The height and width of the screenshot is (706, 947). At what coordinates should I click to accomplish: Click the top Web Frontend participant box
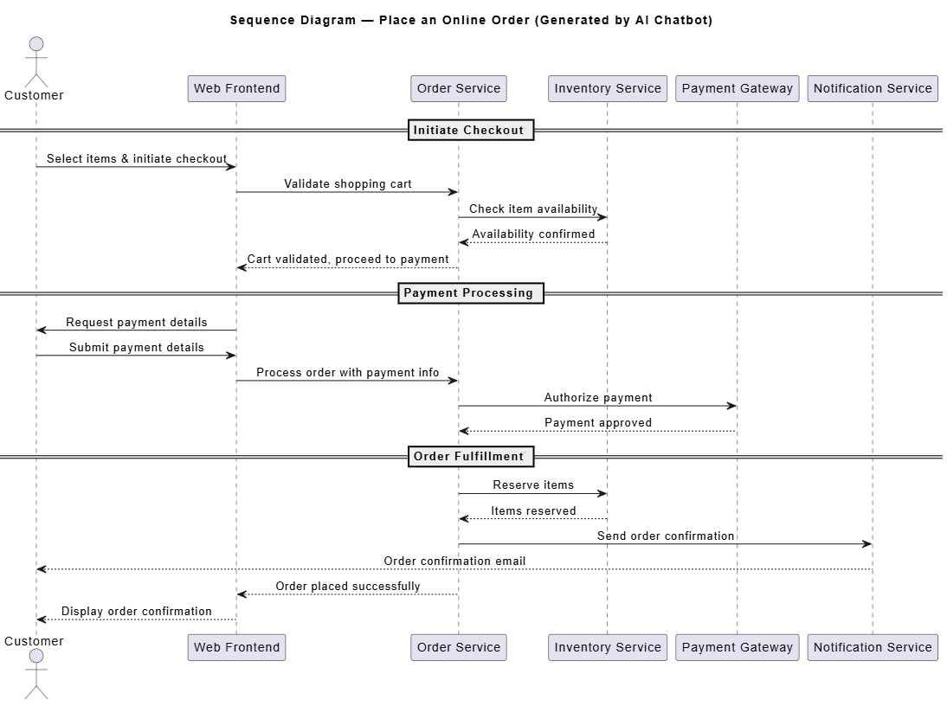coord(237,89)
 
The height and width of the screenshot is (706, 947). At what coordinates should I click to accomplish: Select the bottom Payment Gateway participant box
coord(737,647)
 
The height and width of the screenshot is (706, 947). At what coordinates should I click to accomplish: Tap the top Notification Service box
coord(872,89)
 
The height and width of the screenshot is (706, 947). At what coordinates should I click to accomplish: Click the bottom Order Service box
coord(459,647)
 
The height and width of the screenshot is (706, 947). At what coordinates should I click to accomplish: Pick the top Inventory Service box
coord(608,89)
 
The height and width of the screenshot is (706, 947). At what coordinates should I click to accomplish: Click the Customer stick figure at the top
coord(36,62)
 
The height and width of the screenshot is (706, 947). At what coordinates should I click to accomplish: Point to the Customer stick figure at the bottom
coord(36,674)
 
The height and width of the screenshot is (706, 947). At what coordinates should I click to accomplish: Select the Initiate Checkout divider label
coord(471,131)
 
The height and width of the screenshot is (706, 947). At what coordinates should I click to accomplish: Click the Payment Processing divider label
coord(471,293)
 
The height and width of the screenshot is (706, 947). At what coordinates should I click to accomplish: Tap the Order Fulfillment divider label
coord(471,456)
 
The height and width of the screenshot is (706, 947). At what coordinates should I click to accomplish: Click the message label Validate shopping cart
coord(348,184)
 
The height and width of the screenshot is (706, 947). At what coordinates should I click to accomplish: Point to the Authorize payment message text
coord(598,398)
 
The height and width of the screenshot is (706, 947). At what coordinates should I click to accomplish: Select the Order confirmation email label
coord(454,562)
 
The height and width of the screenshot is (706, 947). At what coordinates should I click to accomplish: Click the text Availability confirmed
coord(533,234)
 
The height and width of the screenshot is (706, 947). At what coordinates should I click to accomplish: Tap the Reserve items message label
coord(533,485)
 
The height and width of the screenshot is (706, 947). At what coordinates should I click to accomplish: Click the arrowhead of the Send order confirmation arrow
coord(867,544)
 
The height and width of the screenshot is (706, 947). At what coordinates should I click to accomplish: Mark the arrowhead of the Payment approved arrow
coord(464,431)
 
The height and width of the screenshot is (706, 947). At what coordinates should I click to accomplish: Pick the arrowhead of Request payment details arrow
coord(42,330)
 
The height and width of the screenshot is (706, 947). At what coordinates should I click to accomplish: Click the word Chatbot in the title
coord(683,21)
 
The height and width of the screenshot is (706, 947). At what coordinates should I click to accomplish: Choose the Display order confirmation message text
coord(137,612)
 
